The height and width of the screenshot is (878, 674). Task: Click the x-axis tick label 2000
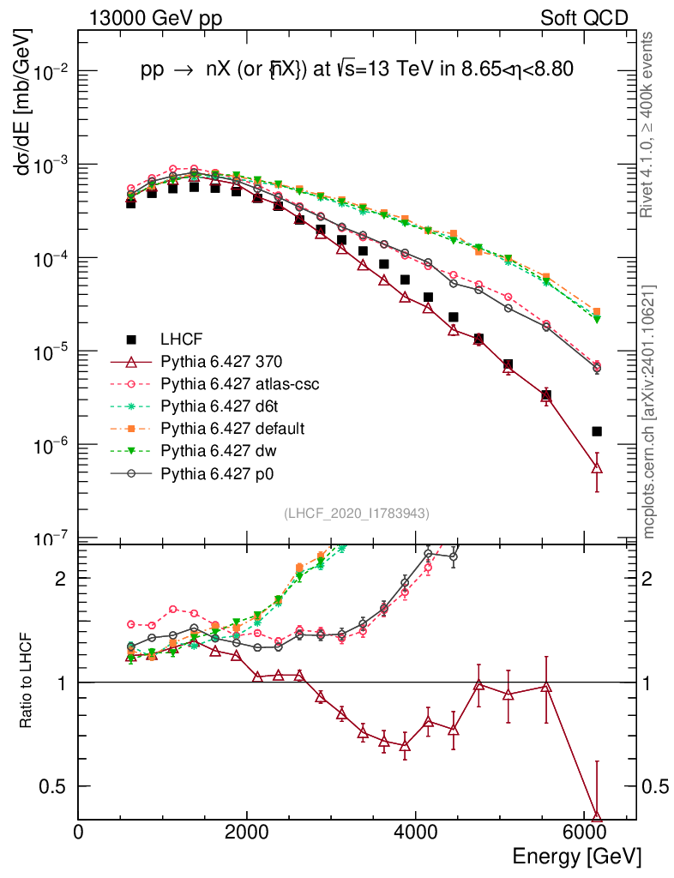click(247, 833)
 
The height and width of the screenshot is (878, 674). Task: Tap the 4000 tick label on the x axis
click(415, 833)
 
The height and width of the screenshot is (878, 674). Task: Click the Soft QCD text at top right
click(584, 18)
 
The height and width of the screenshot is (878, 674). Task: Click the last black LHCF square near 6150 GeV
click(597, 431)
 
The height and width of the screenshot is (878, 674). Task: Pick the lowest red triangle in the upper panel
click(597, 467)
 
